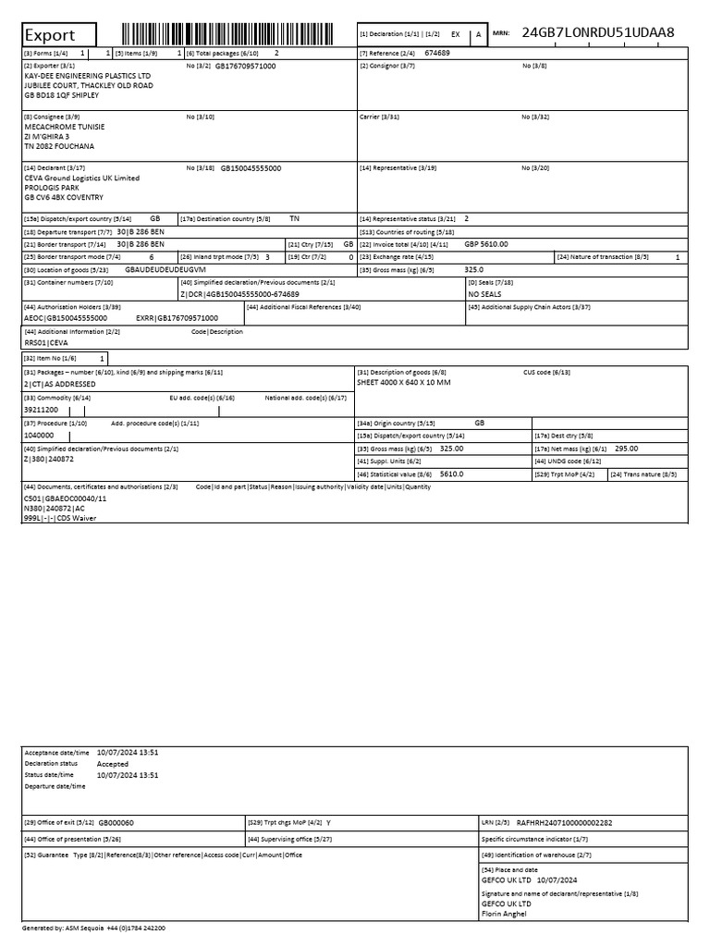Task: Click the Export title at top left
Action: (49, 35)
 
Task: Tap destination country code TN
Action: (294, 218)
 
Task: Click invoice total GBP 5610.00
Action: (486, 244)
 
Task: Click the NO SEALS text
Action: (485, 294)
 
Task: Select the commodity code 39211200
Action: (41, 409)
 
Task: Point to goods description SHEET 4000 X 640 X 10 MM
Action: (403, 382)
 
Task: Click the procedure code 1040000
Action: (39, 435)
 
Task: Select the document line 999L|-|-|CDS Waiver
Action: (59, 518)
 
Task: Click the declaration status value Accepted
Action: (113, 764)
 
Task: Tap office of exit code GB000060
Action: (116, 821)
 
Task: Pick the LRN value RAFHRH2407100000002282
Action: (564, 821)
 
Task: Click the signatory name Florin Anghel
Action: (506, 913)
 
